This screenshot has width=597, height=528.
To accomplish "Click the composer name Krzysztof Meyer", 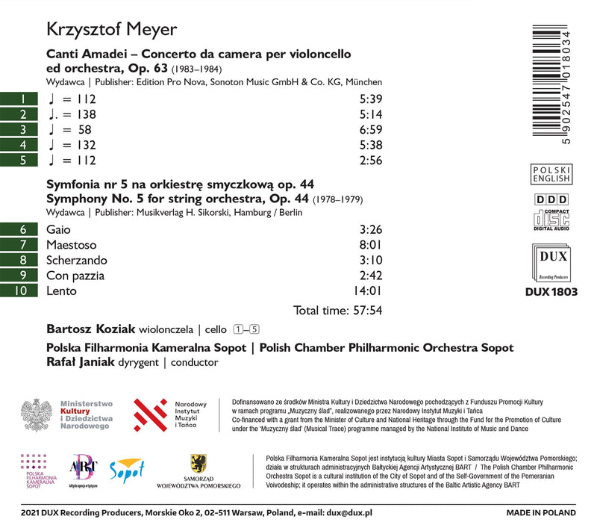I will (112, 31).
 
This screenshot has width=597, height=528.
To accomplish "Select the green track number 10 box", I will (22, 292).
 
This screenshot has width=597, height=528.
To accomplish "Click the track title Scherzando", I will (76, 261).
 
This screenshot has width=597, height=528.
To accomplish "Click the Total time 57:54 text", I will (338, 309).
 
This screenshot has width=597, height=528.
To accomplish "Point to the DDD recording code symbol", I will (552, 199).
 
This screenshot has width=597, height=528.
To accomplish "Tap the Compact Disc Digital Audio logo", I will (552, 218).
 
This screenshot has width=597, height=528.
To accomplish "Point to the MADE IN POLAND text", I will (540, 513).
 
